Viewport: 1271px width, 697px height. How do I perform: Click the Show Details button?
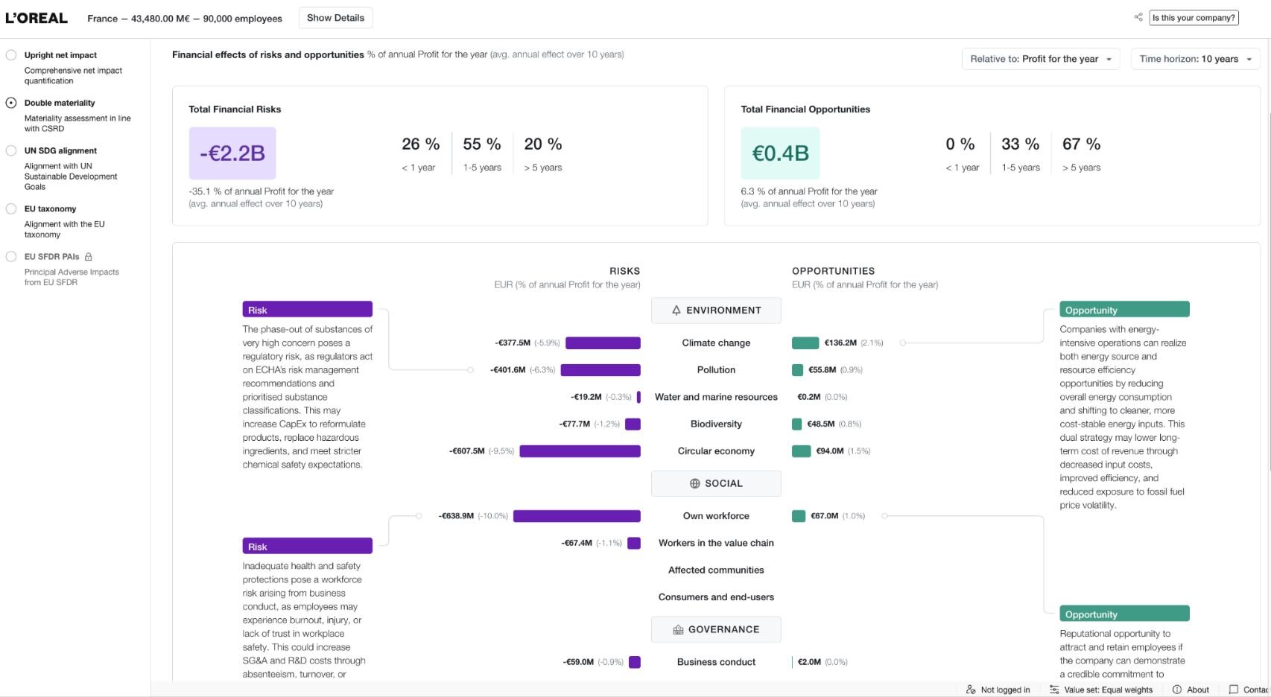pyautogui.click(x=335, y=18)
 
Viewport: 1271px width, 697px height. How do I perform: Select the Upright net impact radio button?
pyautogui.click(x=10, y=55)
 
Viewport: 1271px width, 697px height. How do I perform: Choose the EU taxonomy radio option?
pyautogui.click(x=10, y=209)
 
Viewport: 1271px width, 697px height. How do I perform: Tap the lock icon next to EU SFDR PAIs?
pyautogui.click(x=89, y=257)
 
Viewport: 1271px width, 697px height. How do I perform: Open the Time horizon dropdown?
pyautogui.click(x=1196, y=59)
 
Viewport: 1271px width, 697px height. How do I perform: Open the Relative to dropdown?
pyautogui.click(x=1041, y=59)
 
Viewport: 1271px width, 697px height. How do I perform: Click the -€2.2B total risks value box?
pyautogui.click(x=232, y=153)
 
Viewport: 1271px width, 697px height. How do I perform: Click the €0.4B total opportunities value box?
pyautogui.click(x=780, y=153)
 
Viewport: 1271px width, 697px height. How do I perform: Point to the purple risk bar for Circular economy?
pyautogui.click(x=580, y=451)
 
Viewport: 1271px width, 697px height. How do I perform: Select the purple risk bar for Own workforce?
pyautogui.click(x=577, y=516)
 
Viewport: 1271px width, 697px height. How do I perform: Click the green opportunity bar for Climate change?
pyautogui.click(x=805, y=343)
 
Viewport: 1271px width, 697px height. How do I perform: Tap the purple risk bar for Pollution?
pyautogui.click(x=600, y=370)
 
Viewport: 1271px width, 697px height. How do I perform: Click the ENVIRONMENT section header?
pyautogui.click(x=716, y=311)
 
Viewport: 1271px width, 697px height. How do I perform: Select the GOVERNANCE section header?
pyautogui.click(x=716, y=629)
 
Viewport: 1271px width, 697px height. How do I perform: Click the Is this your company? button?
pyautogui.click(x=1194, y=18)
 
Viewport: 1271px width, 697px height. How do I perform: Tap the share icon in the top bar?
pyautogui.click(x=1138, y=17)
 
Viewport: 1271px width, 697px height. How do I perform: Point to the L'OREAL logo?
pyautogui.click(x=37, y=18)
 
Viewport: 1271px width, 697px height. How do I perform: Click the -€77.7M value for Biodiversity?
pyautogui.click(x=574, y=424)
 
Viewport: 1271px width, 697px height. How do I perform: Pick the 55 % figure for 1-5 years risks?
pyautogui.click(x=482, y=144)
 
